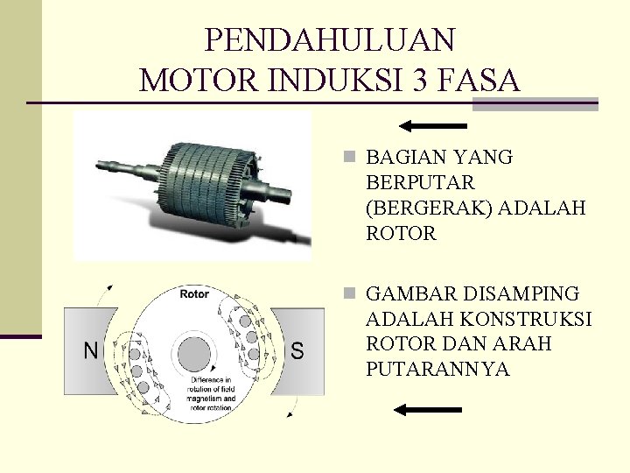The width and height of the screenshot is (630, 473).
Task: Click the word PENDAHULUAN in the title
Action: [330, 39]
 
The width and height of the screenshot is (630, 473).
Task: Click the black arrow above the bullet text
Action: [435, 124]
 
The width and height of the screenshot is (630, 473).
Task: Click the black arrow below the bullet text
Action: [427, 409]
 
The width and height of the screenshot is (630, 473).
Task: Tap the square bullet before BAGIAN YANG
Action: [350, 158]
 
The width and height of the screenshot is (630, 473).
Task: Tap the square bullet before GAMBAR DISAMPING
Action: [350, 293]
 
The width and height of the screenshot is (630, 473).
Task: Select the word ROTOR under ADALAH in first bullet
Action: [401, 234]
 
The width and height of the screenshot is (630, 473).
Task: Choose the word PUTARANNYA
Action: [437, 369]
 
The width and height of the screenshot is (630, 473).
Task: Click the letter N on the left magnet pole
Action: [90, 351]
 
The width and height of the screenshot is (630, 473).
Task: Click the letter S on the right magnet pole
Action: [297, 351]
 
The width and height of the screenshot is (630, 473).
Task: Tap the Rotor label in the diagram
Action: [194, 294]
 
